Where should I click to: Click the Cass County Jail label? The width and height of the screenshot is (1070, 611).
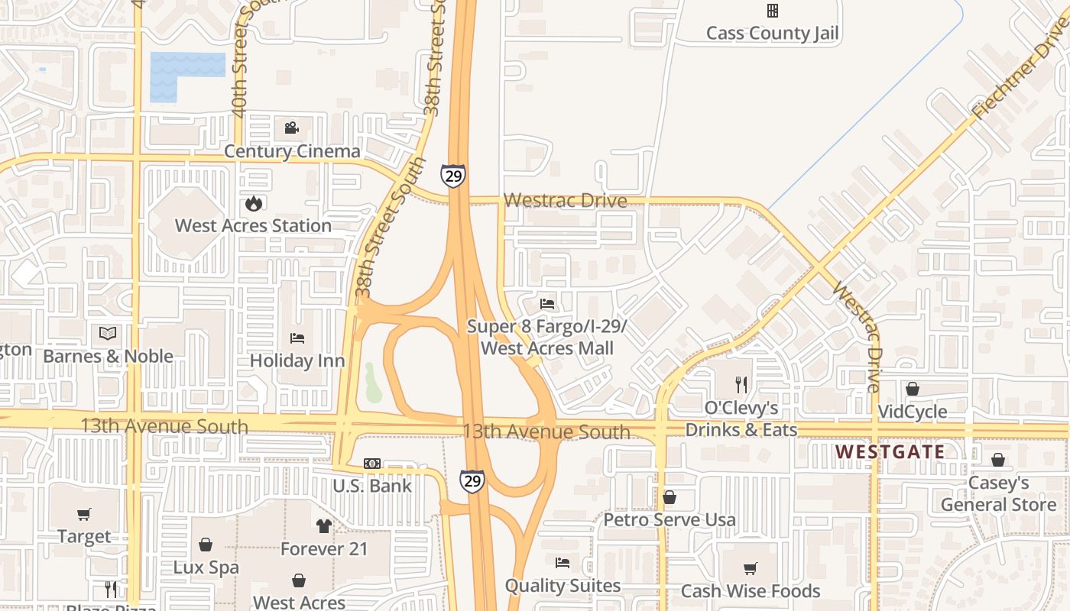coord(772,33)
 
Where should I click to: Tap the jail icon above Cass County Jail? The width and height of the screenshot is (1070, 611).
coord(773,11)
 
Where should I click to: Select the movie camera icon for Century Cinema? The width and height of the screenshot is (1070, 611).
coord(291,128)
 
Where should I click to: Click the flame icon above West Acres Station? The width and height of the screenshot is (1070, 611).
coord(254,203)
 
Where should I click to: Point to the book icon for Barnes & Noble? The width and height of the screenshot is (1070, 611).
coord(108,334)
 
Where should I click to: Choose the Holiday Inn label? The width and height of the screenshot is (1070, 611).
coord(297,360)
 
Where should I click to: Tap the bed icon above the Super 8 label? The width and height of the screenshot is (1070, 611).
coord(547,304)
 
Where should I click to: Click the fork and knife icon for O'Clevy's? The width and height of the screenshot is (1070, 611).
coord(741,384)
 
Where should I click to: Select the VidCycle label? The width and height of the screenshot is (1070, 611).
coord(912,412)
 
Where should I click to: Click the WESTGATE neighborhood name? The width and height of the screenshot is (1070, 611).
coord(890,451)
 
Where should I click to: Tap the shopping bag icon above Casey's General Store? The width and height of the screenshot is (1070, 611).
coord(997,460)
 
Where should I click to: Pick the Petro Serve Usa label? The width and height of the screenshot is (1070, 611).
coord(670,520)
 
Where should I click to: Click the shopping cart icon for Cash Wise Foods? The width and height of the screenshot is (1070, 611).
coord(750,568)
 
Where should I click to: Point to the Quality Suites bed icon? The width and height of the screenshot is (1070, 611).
coord(563,564)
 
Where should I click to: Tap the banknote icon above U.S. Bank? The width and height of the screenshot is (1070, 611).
coord(372,464)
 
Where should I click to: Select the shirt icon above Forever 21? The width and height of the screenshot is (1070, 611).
coord(324,526)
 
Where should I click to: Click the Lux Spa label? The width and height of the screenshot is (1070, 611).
coord(206,567)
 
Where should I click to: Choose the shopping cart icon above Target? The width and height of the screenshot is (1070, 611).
coord(84,514)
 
